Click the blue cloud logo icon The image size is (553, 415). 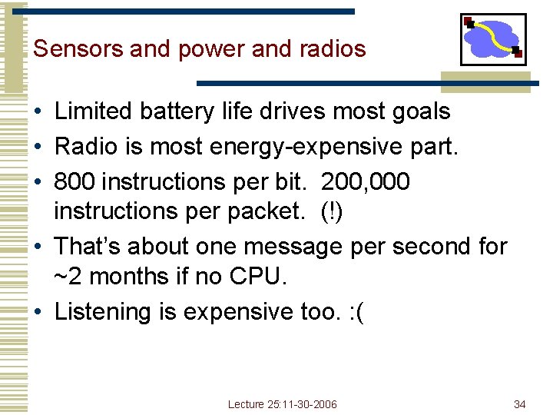(493, 39)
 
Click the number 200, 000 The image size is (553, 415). (366, 182)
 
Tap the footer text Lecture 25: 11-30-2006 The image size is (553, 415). (282, 404)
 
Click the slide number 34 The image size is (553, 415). (520, 404)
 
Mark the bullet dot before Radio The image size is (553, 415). (38, 146)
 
